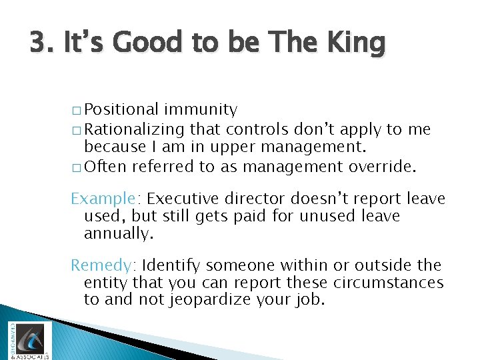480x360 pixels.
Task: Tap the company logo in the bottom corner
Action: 27,339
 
